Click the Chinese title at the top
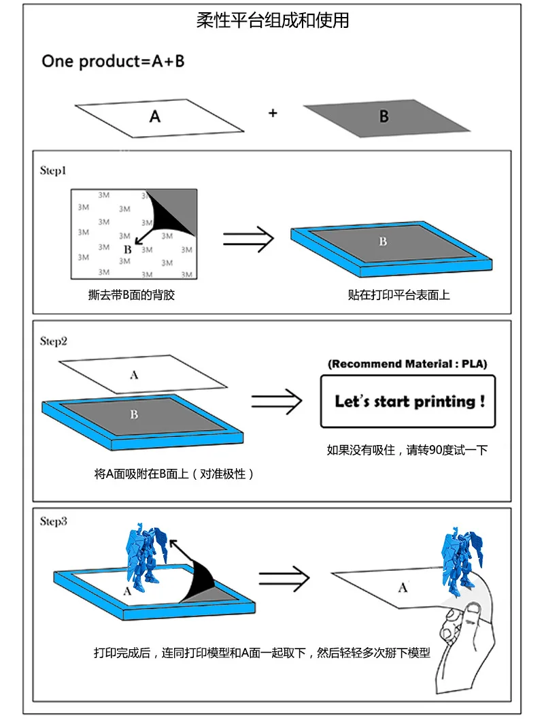point(273,20)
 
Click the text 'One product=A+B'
point(113,61)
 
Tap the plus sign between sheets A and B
point(273,113)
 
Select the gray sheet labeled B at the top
point(387,118)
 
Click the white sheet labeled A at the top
point(159,118)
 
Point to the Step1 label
point(53,171)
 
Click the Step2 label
point(54,341)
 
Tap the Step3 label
point(54,521)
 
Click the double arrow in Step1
point(248,239)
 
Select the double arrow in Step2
point(277,401)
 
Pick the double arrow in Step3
point(284,578)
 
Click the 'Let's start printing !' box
point(408,401)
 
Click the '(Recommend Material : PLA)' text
point(407,364)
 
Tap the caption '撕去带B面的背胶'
point(132,295)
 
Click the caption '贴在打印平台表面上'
point(398,295)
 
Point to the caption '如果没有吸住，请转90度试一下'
point(407,450)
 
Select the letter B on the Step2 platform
point(134,414)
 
